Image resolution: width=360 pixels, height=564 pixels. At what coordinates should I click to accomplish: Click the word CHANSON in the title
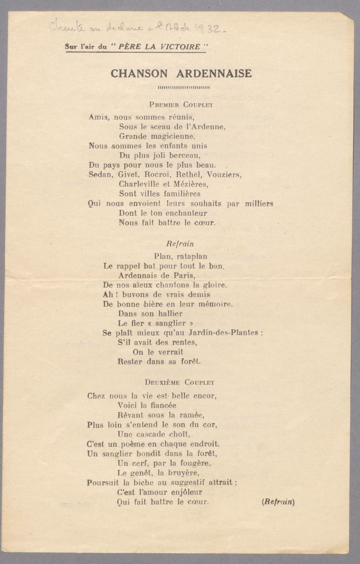point(139,74)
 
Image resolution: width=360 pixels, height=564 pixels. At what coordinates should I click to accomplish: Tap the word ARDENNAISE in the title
point(214,74)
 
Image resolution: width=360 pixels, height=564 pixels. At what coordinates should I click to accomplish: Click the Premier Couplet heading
point(181,105)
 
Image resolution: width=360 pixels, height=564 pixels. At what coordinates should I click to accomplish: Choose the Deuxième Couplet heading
point(179,383)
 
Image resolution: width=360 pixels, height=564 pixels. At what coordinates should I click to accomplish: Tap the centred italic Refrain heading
point(180,244)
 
